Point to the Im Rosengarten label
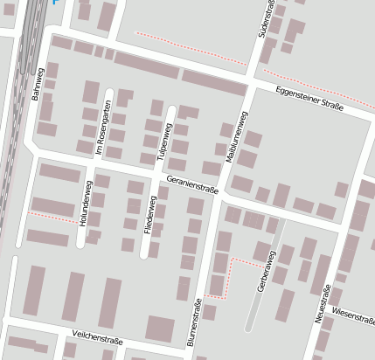[x=101, y=128]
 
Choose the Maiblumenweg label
[x=232, y=135]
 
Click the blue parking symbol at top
[x=57, y=3]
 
